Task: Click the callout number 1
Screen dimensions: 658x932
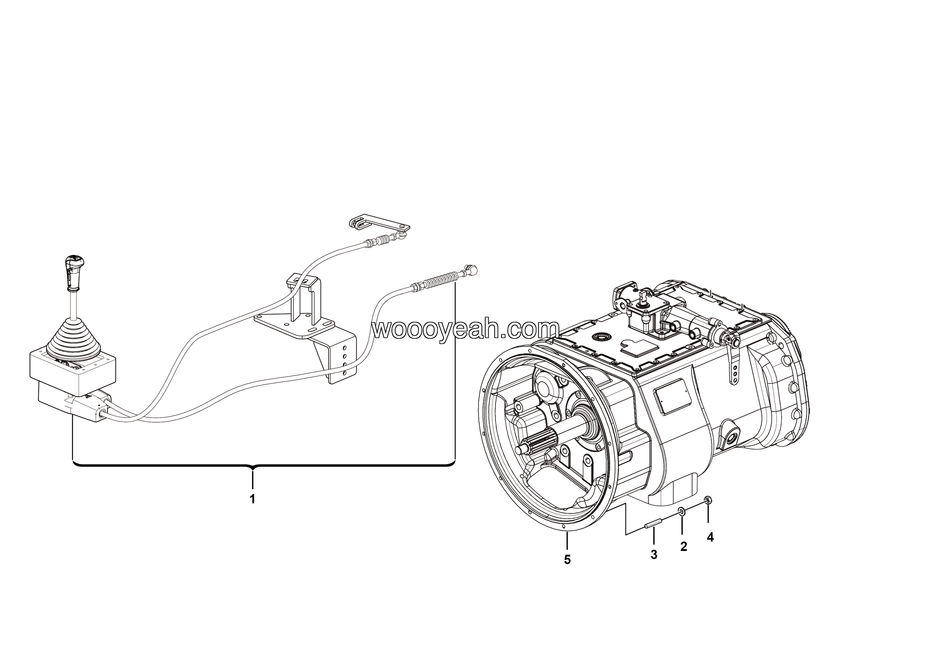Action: coord(253,499)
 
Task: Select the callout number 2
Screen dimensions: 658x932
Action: coord(684,546)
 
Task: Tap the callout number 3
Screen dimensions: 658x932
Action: coord(654,555)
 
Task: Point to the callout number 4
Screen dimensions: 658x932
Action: coord(710,537)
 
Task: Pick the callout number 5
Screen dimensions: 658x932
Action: coord(567,560)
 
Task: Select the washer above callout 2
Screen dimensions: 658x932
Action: coord(682,512)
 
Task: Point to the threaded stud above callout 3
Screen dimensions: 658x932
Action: coord(653,525)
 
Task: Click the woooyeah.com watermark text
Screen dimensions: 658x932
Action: coord(466,329)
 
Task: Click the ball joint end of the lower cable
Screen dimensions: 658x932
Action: coord(472,269)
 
